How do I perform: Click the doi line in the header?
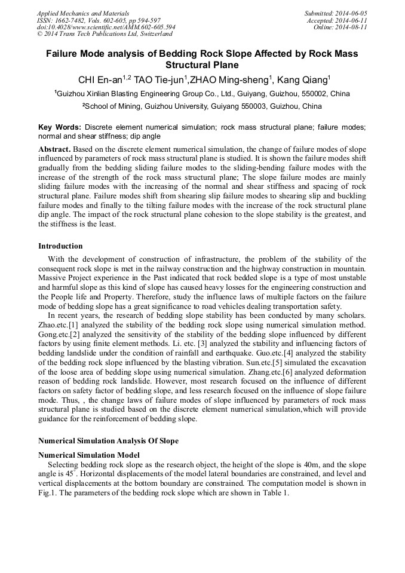(106, 27)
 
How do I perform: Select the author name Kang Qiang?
(302, 81)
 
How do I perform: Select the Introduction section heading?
(60, 246)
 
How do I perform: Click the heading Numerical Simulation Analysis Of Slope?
(108, 441)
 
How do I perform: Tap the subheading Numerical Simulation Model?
(89, 454)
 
